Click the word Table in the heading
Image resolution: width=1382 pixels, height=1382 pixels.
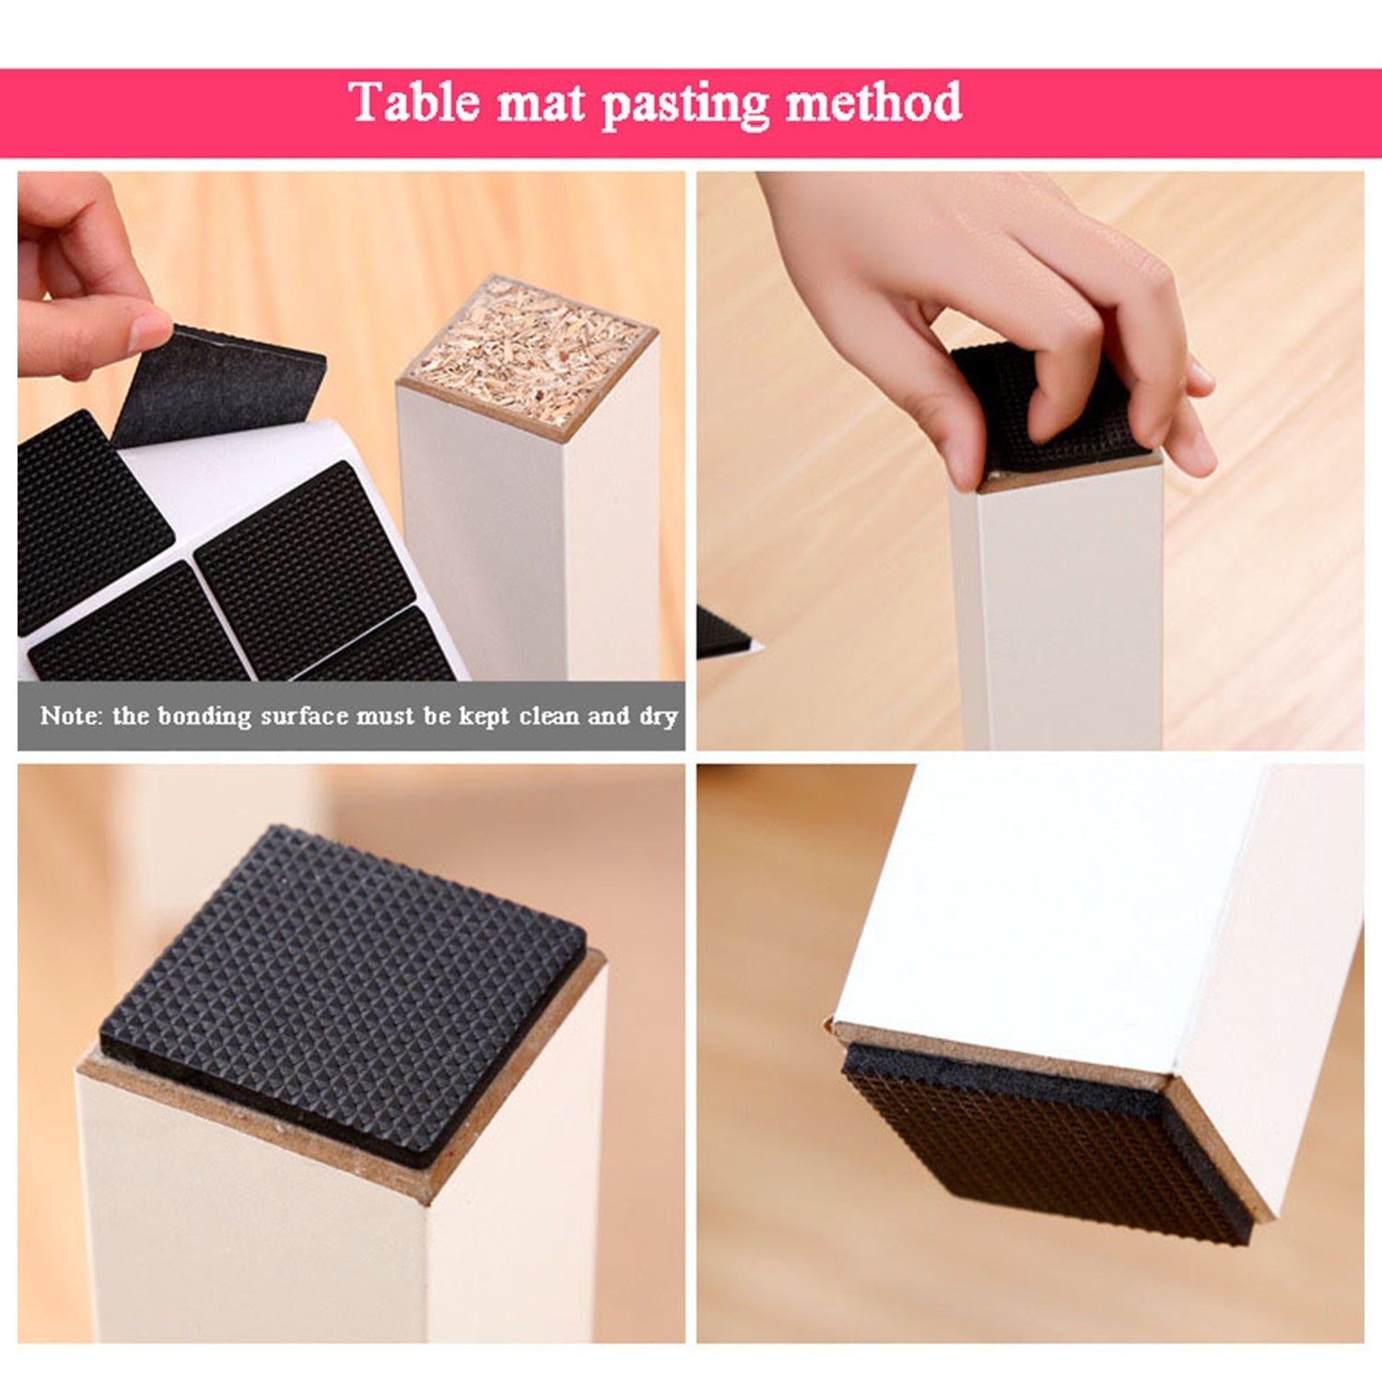pyautogui.click(x=414, y=101)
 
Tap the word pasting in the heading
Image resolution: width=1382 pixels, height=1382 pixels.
pyautogui.click(x=685, y=103)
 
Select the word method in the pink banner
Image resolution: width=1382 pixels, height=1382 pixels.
pyautogui.click(x=873, y=101)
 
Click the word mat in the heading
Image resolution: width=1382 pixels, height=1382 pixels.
pyautogui.click(x=541, y=103)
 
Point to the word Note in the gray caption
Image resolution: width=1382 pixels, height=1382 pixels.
pyautogui.click(x=68, y=716)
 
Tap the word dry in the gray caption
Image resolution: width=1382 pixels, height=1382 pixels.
pyautogui.click(x=658, y=717)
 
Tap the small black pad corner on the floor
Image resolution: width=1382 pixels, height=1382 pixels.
pyautogui.click(x=720, y=633)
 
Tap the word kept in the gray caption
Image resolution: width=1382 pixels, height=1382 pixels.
pyautogui.click(x=484, y=717)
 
